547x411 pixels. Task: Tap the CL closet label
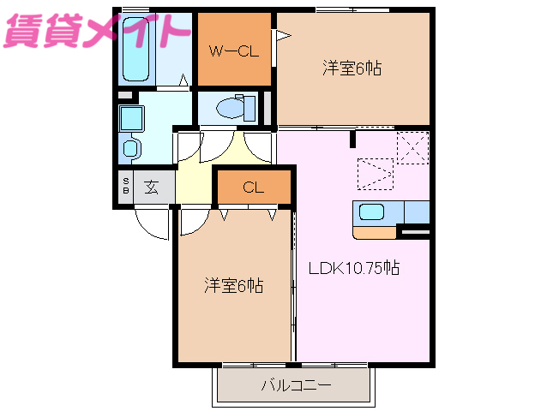[253, 188]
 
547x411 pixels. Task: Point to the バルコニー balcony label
[296, 385]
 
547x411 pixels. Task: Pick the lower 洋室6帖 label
[233, 285]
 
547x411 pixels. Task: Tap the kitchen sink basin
[372, 212]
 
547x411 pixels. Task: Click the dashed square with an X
[412, 146]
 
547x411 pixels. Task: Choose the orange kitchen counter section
[375, 231]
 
